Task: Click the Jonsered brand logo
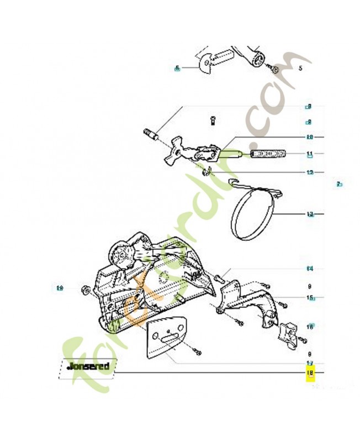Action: click(87, 366)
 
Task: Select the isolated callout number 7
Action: click(340, 184)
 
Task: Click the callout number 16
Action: click(310, 327)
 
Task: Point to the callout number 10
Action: click(309, 137)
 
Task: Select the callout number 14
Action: click(310, 269)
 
